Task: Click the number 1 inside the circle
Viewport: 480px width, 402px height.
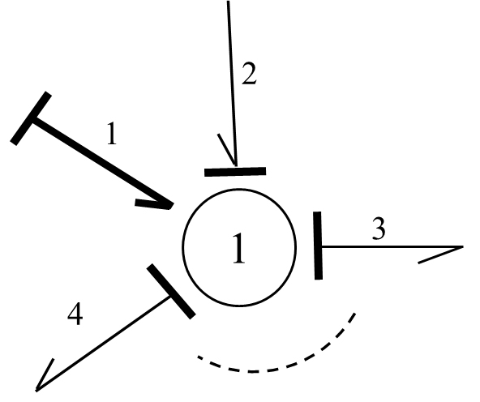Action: click(x=239, y=248)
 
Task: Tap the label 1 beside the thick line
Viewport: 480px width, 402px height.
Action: click(x=112, y=133)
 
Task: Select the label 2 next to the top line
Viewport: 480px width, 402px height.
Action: click(x=249, y=74)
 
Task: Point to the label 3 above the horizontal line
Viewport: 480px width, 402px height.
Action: click(x=379, y=229)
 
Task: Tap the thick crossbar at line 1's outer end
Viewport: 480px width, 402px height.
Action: click(x=31, y=118)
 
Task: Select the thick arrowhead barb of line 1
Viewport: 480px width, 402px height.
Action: click(x=152, y=203)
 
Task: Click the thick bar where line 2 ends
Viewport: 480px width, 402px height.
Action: click(x=235, y=172)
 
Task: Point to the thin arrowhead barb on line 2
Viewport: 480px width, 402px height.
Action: click(x=226, y=150)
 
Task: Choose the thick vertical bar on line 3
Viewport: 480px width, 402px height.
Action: click(x=318, y=246)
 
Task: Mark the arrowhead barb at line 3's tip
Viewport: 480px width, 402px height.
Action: click(x=440, y=254)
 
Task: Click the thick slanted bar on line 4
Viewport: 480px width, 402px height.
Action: click(x=171, y=292)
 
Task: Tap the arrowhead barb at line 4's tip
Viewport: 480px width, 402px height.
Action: click(x=45, y=374)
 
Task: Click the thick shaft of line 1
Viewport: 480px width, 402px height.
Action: click(x=102, y=162)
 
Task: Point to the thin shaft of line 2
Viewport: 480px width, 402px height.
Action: click(x=232, y=83)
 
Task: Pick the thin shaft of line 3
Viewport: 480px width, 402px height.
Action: click(x=392, y=246)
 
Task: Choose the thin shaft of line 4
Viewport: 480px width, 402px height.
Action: click(x=103, y=343)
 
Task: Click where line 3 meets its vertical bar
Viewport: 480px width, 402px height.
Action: click(x=321, y=246)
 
